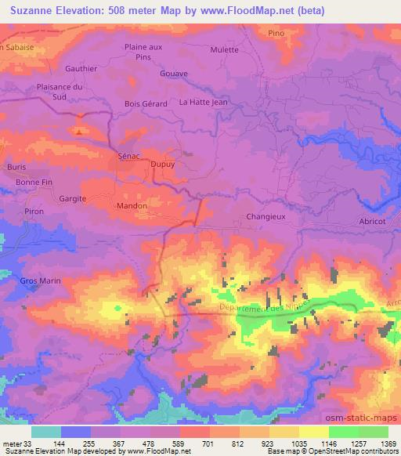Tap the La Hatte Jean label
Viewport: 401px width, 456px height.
[x=203, y=102]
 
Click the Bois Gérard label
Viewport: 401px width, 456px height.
[x=142, y=102]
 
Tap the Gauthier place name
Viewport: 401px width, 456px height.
[x=81, y=68]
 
